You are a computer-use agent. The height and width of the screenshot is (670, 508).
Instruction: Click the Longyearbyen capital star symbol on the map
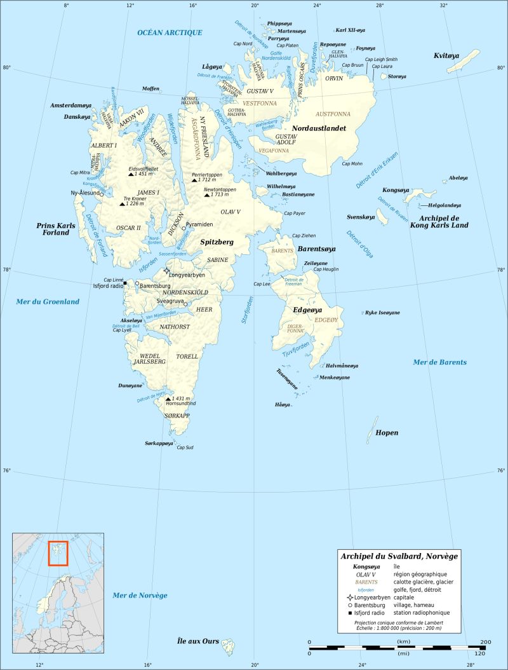(x=167, y=271)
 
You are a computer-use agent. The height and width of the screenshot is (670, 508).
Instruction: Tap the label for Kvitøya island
(x=446, y=56)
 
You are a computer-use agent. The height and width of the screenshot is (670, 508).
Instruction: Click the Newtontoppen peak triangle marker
(x=206, y=195)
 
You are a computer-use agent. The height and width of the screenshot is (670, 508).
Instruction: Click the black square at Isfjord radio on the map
(x=125, y=284)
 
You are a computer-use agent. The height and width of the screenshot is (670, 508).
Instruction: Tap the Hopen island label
(x=387, y=433)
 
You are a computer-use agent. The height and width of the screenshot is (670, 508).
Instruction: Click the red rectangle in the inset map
(x=58, y=552)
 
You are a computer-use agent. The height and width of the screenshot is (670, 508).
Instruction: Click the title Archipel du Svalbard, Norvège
(x=399, y=556)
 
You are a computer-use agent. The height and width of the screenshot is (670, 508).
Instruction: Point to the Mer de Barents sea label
(x=439, y=362)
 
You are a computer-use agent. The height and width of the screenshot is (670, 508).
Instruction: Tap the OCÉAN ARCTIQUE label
(x=170, y=32)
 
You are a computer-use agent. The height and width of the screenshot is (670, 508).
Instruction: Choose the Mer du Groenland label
(x=48, y=301)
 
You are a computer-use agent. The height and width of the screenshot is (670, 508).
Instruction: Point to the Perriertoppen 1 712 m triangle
(x=194, y=181)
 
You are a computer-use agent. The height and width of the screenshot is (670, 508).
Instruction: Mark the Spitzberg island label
(x=217, y=242)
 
